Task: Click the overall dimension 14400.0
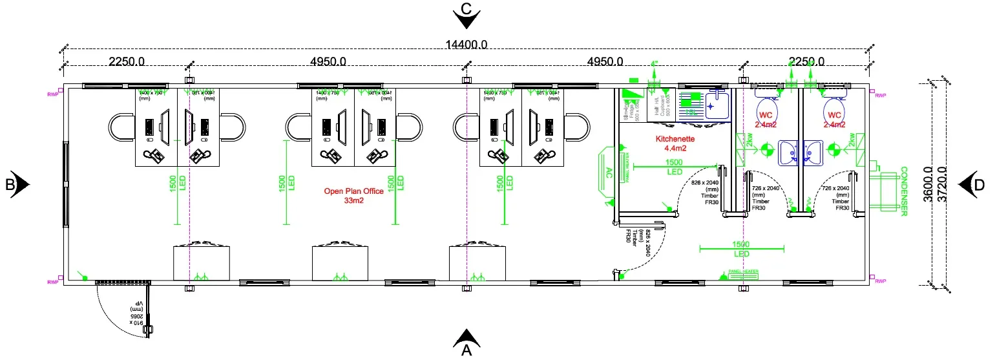click(x=466, y=45)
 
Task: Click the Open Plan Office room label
click(x=353, y=196)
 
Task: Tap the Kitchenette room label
click(x=675, y=143)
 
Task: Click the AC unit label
click(x=609, y=173)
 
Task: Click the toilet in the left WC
click(x=766, y=108)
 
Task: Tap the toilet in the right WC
click(x=834, y=108)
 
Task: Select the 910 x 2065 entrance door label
click(x=136, y=313)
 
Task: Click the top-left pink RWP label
click(x=52, y=95)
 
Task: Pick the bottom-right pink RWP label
click(x=880, y=282)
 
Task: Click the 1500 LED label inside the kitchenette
click(x=675, y=167)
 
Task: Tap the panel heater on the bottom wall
click(x=743, y=275)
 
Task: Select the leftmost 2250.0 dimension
click(x=127, y=62)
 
